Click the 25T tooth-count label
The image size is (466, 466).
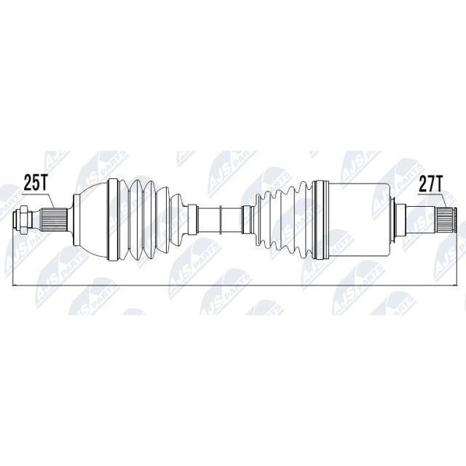click(35, 183)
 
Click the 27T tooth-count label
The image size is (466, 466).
click(430, 184)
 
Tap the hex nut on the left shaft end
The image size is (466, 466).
click(23, 220)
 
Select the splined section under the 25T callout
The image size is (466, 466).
click(53, 220)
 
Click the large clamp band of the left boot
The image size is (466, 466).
click(114, 220)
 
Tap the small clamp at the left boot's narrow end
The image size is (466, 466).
click(192, 220)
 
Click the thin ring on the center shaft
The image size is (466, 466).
click(221, 220)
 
